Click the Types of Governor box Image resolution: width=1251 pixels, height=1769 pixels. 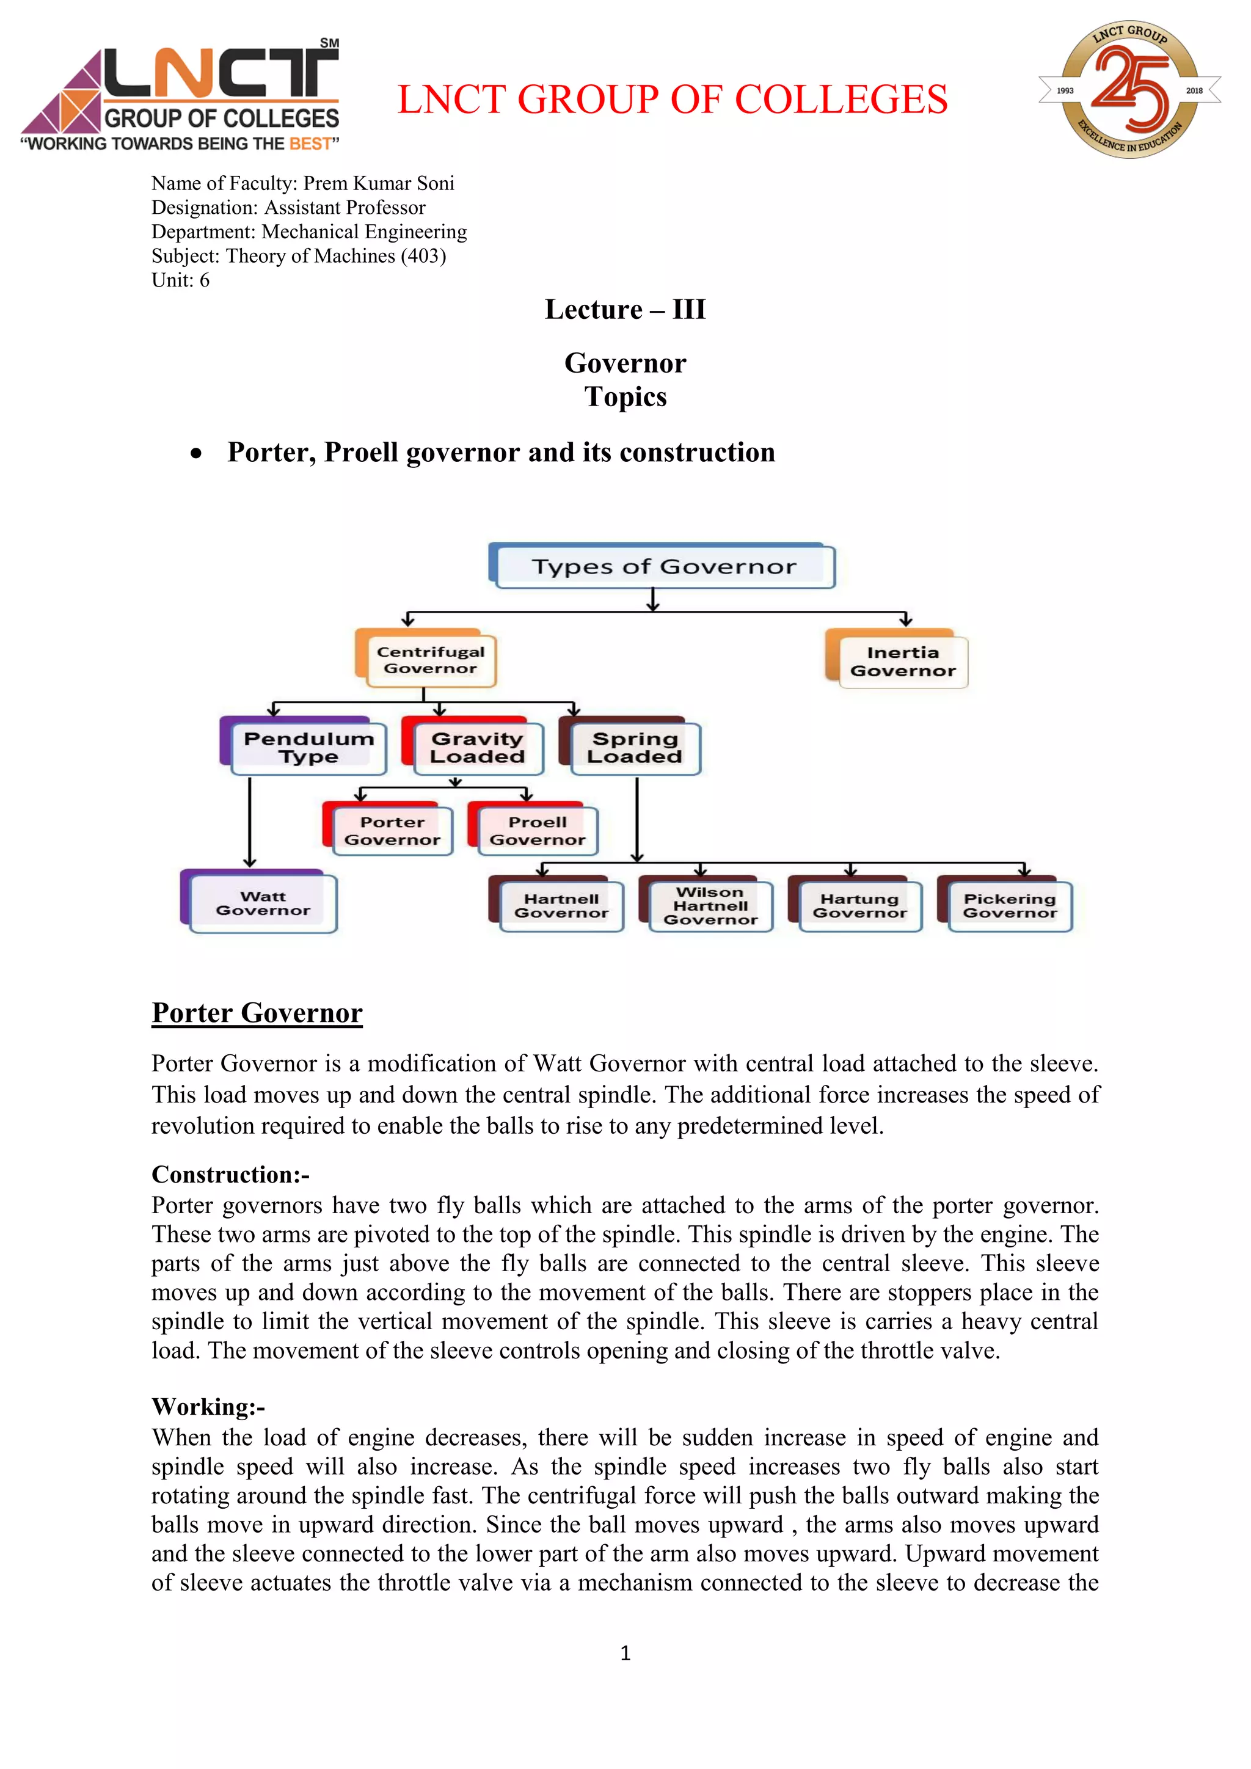click(663, 567)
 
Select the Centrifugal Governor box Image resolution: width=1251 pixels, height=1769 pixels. click(430, 660)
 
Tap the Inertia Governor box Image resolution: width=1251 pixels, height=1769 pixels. click(902, 662)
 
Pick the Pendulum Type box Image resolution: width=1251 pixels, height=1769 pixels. click(308, 747)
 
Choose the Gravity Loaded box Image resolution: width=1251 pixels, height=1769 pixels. click(477, 747)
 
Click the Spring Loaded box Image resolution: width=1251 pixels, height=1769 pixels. click(634, 747)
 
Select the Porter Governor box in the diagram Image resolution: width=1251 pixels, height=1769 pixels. click(392, 831)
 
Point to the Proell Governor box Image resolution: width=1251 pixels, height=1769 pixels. click(537, 831)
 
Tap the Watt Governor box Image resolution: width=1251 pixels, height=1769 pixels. click(263, 903)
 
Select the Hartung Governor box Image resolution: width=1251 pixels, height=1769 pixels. click(859, 906)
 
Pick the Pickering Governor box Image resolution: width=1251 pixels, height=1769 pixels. click(1009, 906)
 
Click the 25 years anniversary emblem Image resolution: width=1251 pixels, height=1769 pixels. click(1129, 90)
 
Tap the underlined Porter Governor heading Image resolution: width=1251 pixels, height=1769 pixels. click(257, 1012)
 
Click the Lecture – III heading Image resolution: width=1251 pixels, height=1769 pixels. click(625, 310)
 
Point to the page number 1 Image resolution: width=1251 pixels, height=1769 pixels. click(625, 1653)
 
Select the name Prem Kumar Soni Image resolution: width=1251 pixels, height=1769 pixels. click(378, 183)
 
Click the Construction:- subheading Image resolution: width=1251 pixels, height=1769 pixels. click(230, 1174)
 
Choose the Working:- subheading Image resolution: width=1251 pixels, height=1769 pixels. click(208, 1407)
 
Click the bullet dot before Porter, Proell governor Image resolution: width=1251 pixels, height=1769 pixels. click(197, 454)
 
